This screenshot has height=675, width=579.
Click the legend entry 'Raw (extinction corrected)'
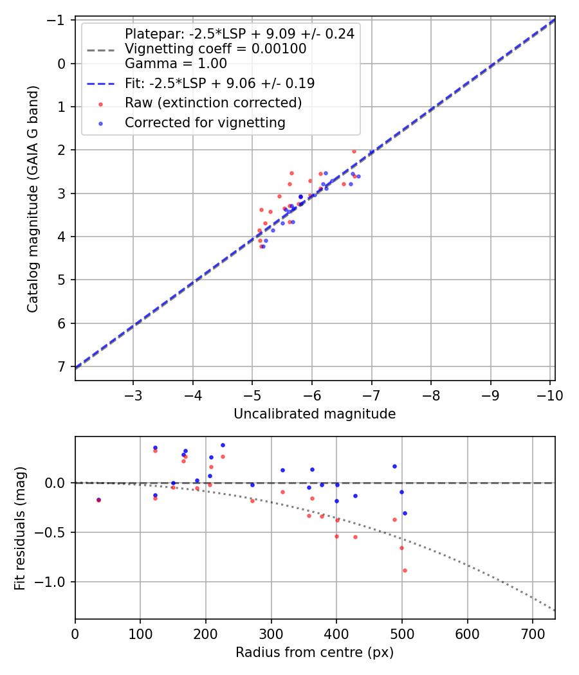pyautogui.click(x=213, y=103)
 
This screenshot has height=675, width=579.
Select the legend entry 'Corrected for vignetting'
pyautogui.click(x=205, y=123)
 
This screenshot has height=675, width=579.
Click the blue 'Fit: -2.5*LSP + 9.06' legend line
pyautogui.click(x=100, y=84)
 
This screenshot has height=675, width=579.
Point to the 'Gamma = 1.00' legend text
pyautogui.click(x=176, y=64)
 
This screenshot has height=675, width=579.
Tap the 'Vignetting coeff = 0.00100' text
pyautogui.click(x=216, y=49)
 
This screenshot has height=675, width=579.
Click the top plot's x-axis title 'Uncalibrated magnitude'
pyautogui.click(x=315, y=414)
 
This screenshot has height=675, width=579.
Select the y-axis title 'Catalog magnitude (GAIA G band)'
pyautogui.click(x=33, y=199)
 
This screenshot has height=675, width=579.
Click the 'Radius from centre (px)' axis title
pyautogui.click(x=315, y=652)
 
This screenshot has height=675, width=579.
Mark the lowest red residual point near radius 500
pyautogui.click(x=405, y=570)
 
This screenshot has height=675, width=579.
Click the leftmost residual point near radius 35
pyautogui.click(x=98, y=500)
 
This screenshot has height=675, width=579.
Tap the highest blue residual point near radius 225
pyautogui.click(x=223, y=445)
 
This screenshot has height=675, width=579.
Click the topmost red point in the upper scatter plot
pyautogui.click(x=354, y=151)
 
